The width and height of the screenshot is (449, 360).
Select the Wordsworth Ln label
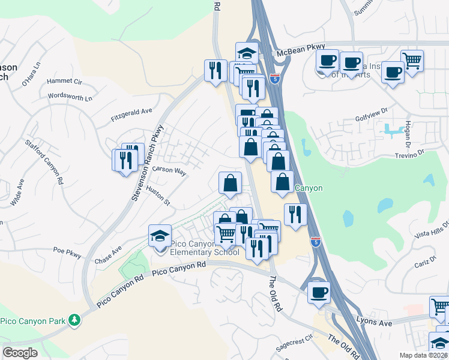click(x=70, y=97)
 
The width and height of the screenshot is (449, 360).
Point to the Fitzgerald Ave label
click(x=131, y=115)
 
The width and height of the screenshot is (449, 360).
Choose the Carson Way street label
click(x=169, y=170)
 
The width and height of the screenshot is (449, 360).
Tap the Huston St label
click(x=159, y=194)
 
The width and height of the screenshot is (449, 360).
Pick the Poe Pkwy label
click(x=67, y=252)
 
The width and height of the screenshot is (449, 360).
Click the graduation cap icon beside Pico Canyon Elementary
click(x=160, y=236)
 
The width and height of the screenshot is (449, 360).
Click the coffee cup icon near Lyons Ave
click(x=319, y=292)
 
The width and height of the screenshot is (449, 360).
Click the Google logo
click(x=20, y=353)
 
